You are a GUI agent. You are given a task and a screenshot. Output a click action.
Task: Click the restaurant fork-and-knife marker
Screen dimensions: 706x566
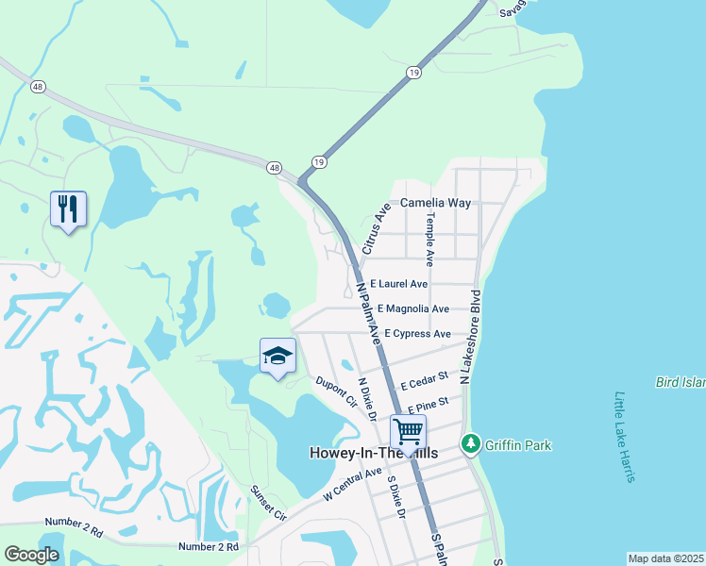coord(68,209)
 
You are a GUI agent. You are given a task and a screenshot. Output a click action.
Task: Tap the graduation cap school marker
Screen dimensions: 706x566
coord(277,357)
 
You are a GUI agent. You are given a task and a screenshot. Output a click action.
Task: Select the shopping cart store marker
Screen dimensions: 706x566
coord(408,432)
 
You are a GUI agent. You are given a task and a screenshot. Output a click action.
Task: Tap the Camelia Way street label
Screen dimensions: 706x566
coord(435,203)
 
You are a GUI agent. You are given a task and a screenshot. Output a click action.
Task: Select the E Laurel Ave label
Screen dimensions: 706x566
coord(398,283)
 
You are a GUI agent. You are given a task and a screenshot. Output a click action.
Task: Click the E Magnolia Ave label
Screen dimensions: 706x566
coord(412,308)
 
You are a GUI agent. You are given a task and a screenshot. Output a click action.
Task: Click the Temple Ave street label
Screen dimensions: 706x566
coord(429,238)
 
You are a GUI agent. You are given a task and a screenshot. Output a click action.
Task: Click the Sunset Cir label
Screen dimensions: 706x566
coord(268,503)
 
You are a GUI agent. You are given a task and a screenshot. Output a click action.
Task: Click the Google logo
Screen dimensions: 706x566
coord(31,555)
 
